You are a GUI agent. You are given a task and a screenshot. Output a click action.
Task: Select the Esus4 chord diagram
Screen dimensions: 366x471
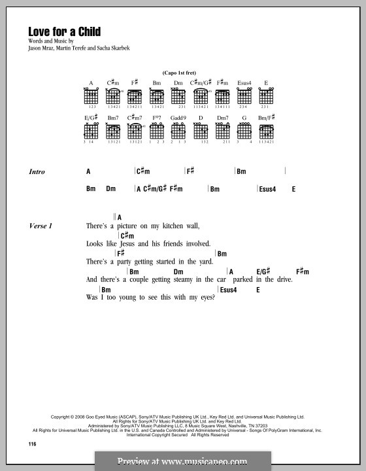[x=244, y=97]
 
